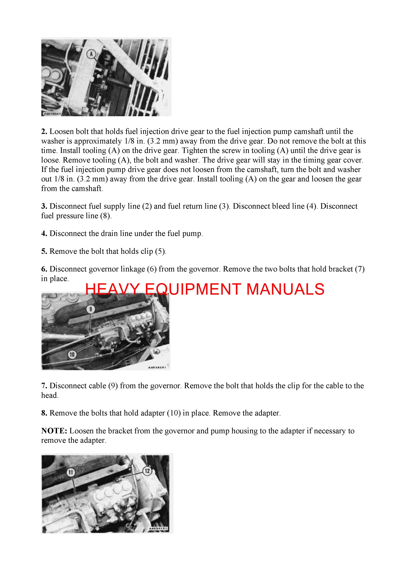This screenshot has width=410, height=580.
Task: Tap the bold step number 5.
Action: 44,251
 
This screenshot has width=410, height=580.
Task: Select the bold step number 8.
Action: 44,413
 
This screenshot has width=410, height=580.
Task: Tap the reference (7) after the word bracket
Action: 360,269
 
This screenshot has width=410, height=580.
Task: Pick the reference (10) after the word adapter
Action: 174,413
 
